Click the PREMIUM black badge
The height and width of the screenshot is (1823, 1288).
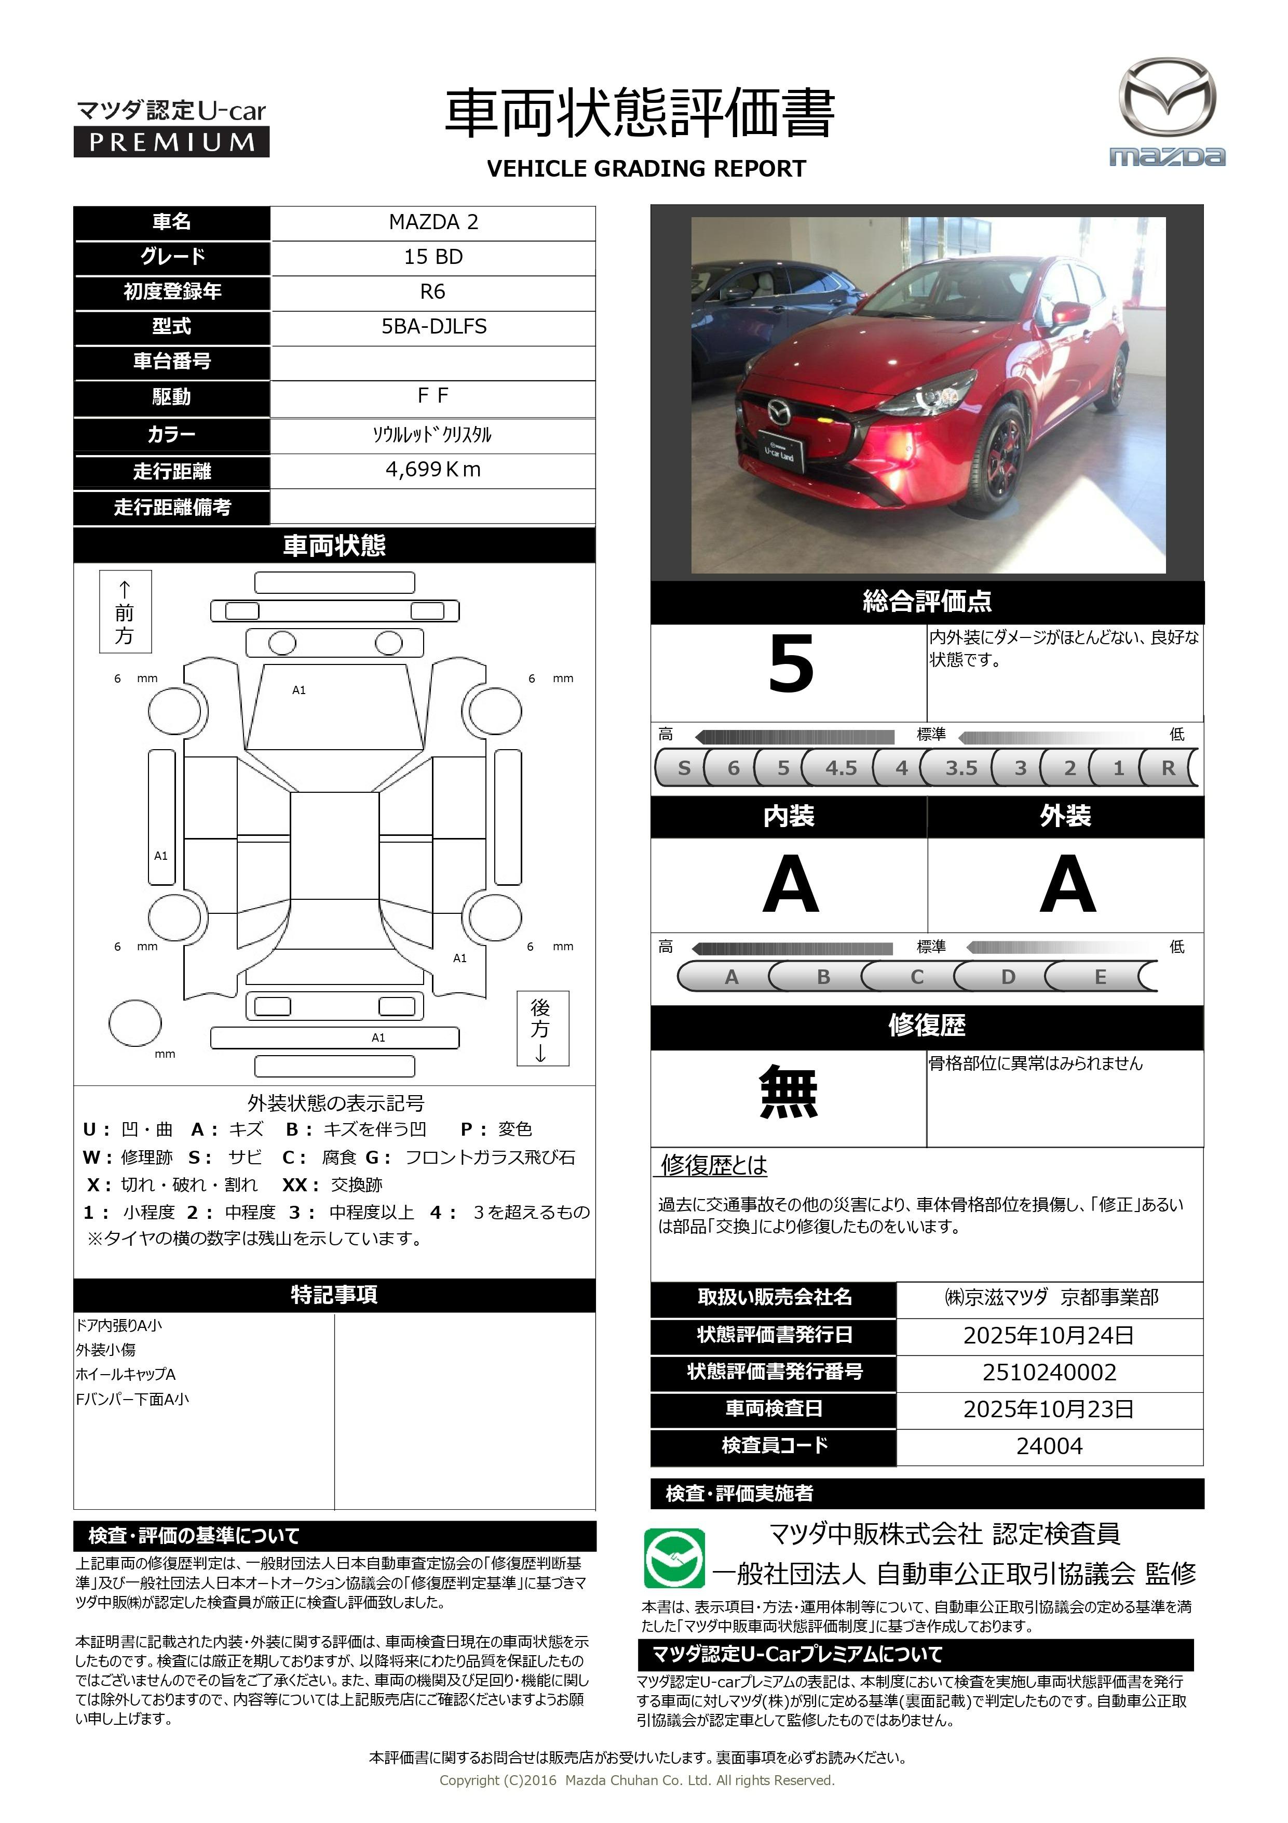(x=171, y=142)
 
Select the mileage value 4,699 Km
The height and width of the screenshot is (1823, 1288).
(x=432, y=469)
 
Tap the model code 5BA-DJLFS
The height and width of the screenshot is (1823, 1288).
(x=433, y=326)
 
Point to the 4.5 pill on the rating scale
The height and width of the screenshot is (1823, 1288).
(x=840, y=768)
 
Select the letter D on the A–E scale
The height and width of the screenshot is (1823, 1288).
(x=1008, y=977)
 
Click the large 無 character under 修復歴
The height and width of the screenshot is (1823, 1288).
(x=788, y=1093)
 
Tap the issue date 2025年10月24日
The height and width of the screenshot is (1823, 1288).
(x=1048, y=1335)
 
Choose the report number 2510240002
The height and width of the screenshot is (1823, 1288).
(x=1048, y=1372)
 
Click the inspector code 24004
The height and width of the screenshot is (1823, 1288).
(x=1048, y=1446)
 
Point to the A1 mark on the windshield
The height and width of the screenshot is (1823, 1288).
(x=299, y=690)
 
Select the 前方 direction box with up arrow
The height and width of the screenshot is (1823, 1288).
(x=125, y=611)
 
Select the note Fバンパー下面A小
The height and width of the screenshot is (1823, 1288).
(x=132, y=1399)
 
